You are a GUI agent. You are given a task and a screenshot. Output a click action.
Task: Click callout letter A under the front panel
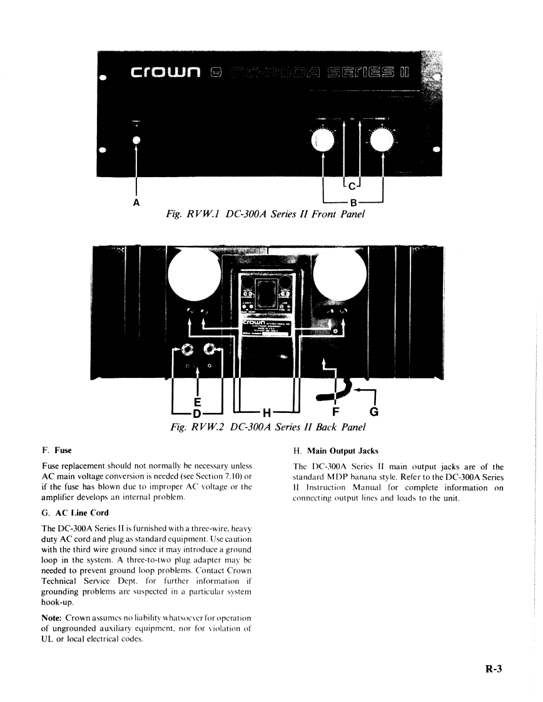(136, 203)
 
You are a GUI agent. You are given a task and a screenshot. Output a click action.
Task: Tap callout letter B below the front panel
(353, 202)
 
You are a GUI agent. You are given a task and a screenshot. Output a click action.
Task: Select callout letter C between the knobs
(352, 186)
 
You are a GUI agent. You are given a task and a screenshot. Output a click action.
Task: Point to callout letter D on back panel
(196, 414)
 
